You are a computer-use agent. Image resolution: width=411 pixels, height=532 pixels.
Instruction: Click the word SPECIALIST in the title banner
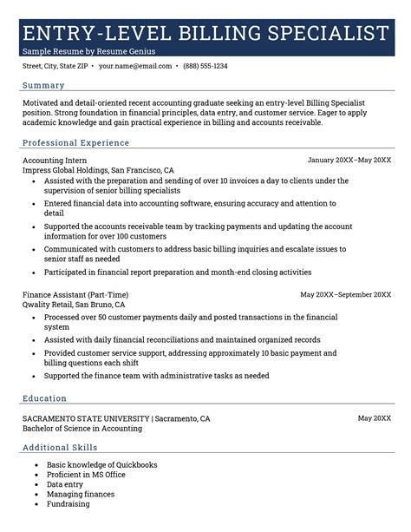[323, 34]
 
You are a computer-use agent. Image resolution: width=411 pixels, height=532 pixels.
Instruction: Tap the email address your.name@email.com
[134, 66]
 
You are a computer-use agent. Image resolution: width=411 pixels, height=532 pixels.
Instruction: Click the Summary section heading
[43, 85]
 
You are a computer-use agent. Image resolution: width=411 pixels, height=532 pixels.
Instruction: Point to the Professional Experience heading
[75, 141]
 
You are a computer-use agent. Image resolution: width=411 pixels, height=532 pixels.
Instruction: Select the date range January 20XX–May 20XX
[349, 161]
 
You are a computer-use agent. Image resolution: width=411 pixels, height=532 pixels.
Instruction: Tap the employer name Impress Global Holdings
[67, 171]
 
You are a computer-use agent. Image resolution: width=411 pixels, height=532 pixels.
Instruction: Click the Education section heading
[44, 398]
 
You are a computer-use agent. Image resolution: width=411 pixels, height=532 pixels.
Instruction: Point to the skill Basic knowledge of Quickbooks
[101, 465]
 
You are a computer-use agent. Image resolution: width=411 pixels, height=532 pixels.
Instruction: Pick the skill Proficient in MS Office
[86, 475]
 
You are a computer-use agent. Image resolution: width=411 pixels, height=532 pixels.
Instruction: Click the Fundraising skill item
[68, 503]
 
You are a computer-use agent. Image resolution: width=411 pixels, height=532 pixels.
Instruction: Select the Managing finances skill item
[80, 494]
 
